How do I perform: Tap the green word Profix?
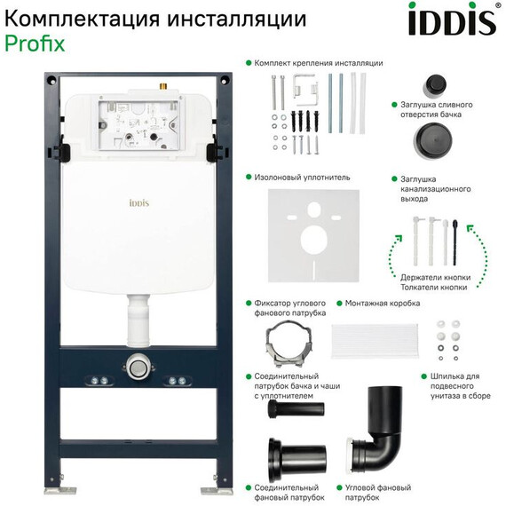(35, 43)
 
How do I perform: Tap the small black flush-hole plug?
(435, 86)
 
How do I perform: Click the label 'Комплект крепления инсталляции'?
(318, 63)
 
